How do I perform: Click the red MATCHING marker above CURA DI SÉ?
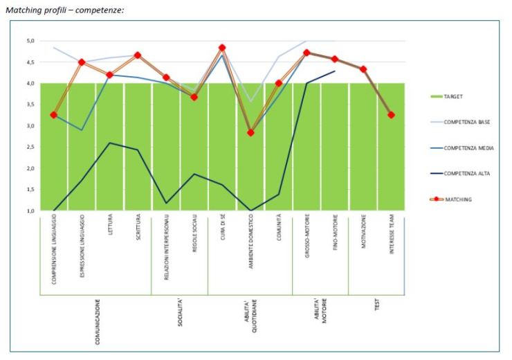[222, 48]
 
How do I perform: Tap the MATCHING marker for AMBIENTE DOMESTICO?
[250, 132]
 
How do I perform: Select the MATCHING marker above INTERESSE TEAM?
[391, 115]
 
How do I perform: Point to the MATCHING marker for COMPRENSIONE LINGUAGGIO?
[53, 115]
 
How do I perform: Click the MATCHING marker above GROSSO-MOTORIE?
[307, 53]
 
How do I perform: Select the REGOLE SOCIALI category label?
[194, 244]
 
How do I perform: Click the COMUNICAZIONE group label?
[97, 321]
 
